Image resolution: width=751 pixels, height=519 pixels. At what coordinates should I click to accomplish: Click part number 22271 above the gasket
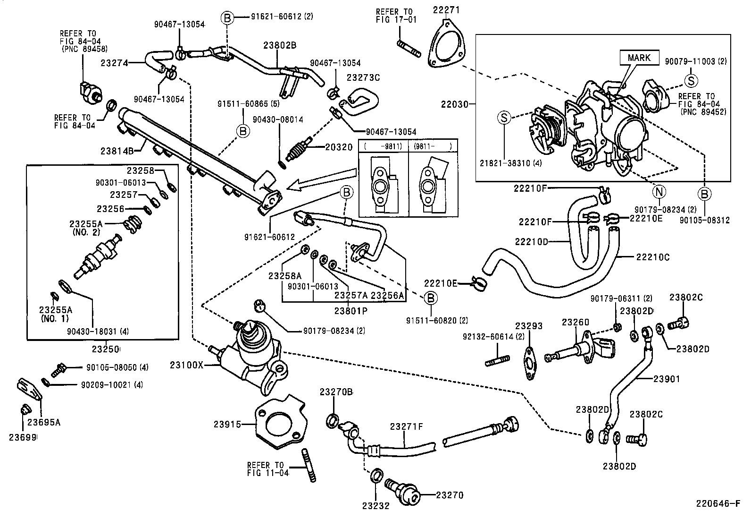[x=446, y=10]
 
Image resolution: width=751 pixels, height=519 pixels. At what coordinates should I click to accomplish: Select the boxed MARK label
[x=639, y=58]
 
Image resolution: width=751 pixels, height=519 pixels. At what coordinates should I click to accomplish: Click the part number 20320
[x=338, y=147]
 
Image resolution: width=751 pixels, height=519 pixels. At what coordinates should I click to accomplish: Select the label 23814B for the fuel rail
[x=116, y=151]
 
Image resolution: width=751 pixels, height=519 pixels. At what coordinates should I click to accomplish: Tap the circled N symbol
[x=659, y=192]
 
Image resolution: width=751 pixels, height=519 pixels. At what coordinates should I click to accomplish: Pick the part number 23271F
[x=406, y=426]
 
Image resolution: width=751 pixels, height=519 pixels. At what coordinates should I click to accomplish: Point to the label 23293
[x=528, y=326]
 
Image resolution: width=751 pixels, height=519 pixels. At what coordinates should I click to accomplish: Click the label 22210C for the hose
[x=652, y=257]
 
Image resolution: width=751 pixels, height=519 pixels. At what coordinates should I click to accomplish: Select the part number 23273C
[x=363, y=77]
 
